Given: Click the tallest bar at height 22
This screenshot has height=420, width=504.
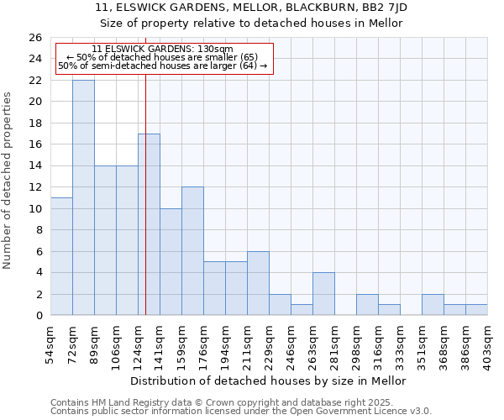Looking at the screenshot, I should (x=83, y=197).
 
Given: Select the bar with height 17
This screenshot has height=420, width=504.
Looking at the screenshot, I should (x=149, y=224).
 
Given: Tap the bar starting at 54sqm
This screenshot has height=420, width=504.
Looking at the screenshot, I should (x=61, y=256).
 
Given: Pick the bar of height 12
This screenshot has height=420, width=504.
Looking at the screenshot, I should (x=192, y=250).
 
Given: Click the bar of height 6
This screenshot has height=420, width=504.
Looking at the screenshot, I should (x=258, y=283).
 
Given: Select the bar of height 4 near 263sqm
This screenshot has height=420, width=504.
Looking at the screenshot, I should (x=323, y=293).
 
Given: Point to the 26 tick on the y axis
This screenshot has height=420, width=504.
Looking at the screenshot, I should (x=36, y=38).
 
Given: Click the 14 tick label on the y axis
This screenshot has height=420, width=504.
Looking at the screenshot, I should (x=36, y=165).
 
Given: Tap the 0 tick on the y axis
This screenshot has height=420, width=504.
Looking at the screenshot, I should (x=39, y=316).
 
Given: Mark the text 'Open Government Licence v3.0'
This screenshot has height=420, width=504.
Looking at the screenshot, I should (x=360, y=411).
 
